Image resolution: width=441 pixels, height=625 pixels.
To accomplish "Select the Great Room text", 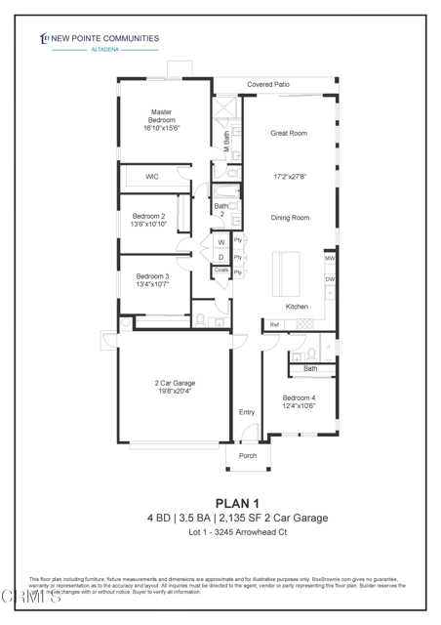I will [290, 133].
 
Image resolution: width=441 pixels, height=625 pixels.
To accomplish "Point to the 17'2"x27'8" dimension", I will [290, 178].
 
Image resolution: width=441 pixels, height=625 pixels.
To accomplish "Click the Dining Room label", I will [290, 218].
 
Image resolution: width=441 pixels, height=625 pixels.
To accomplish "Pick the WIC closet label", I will [152, 177].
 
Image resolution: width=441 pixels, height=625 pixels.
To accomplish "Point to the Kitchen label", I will [297, 307].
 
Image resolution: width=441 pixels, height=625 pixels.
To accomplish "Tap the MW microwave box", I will [330, 259].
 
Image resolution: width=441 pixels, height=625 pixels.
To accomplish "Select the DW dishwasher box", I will [330, 279].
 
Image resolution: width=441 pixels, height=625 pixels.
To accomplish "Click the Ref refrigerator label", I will [274, 324].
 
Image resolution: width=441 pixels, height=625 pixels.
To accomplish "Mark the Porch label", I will [248, 455].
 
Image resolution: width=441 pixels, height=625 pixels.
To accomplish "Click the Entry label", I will [247, 412].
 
